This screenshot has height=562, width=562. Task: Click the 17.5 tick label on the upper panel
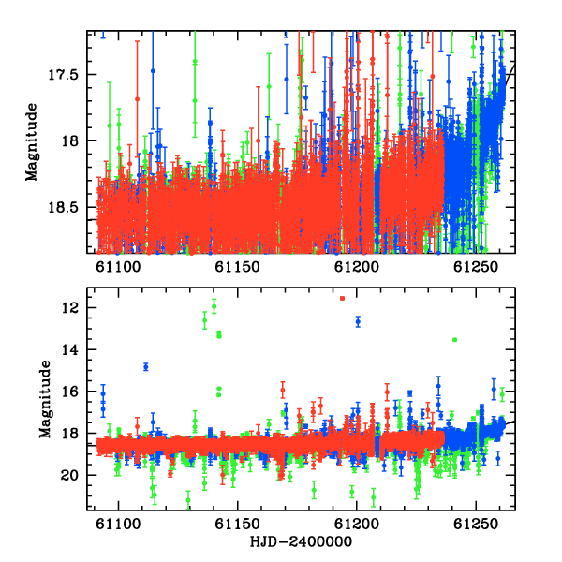click(63, 75)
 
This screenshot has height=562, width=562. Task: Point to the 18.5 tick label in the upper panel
click(63, 208)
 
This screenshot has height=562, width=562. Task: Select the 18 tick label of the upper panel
click(69, 140)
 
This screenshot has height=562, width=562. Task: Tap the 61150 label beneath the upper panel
click(237, 267)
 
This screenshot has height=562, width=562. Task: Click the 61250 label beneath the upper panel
click(476, 267)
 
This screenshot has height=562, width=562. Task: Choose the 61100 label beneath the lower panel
click(118, 524)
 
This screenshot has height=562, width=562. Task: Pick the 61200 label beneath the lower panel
click(357, 524)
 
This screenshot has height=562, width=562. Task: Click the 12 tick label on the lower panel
click(69, 307)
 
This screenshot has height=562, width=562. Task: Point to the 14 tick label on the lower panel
click(69, 349)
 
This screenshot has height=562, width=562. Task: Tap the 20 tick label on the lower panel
click(69, 475)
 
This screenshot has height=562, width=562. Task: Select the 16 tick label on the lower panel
click(69, 392)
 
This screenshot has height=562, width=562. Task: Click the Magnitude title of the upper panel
click(31, 142)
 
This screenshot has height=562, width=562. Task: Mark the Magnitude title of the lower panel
click(45, 399)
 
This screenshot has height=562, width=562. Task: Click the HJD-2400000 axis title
click(301, 541)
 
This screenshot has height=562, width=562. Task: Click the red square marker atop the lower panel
click(342, 298)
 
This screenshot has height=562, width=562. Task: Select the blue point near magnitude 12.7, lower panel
click(358, 321)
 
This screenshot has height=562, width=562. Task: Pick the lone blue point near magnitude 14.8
click(146, 366)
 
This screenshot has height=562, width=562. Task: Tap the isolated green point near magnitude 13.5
click(454, 339)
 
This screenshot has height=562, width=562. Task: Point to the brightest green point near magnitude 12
click(214, 306)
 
